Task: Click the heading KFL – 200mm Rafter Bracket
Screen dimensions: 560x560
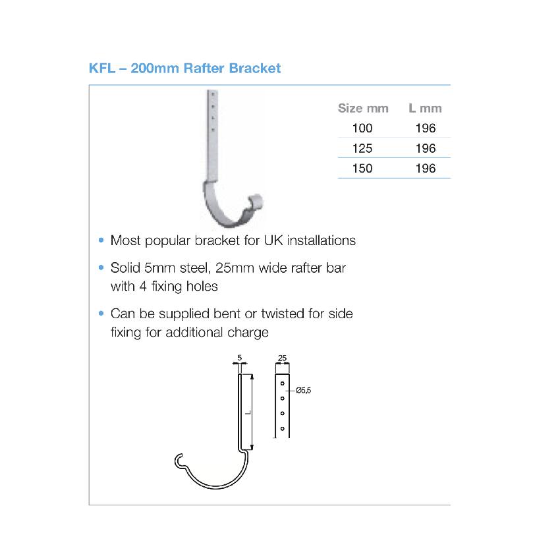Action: coord(184,69)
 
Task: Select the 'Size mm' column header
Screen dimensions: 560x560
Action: coord(363,108)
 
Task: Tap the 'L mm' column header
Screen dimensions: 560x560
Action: coord(425,108)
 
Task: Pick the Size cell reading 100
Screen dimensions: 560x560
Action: coord(362,128)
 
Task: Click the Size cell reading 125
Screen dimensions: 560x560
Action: coord(362,148)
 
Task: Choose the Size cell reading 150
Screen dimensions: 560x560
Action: coord(362,168)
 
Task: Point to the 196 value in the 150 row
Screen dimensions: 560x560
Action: coord(426,168)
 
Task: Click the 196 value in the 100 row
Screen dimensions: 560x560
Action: coord(426,128)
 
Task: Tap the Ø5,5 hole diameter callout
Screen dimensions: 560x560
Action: coord(303,391)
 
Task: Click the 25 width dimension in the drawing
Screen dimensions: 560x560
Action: coord(282,358)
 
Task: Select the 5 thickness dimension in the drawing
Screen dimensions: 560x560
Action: coord(240,358)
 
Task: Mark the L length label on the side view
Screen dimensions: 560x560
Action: coord(248,413)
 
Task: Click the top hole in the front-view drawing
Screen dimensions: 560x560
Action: coord(282,383)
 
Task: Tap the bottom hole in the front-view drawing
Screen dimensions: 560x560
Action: coord(282,429)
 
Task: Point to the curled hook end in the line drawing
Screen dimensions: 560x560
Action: coord(179,461)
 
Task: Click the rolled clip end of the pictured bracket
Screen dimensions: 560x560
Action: coord(256,202)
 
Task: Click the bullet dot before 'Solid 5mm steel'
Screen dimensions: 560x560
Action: coord(101,267)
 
